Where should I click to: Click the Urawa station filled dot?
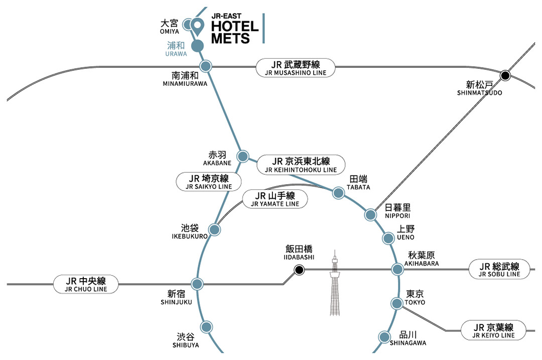click(198, 45)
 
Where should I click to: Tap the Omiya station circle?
click(188, 24)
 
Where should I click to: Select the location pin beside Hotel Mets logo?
click(197, 25)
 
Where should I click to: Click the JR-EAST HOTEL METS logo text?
click(234, 29)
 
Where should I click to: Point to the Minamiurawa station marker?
click(206, 66)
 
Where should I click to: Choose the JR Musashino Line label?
click(295, 68)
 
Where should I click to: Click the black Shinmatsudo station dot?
click(505, 76)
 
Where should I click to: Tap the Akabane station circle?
click(242, 156)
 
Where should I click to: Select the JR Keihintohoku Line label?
click(301, 165)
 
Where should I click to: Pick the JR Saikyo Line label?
click(208, 182)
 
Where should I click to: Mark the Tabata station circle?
click(337, 193)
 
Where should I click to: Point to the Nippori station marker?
click(370, 215)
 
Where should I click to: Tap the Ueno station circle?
click(388, 238)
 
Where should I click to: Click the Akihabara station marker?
click(397, 270)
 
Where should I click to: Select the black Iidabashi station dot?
click(299, 270)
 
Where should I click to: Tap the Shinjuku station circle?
click(197, 284)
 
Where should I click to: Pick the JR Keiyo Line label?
click(494, 330)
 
